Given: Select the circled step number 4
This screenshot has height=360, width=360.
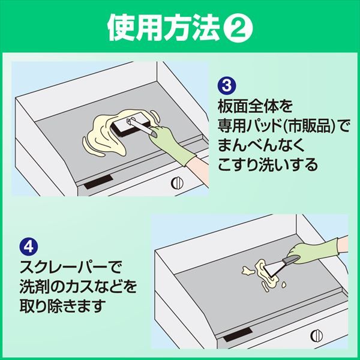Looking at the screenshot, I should tap(27, 245).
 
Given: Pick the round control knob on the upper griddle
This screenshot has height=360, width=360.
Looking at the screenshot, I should tap(178, 182).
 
